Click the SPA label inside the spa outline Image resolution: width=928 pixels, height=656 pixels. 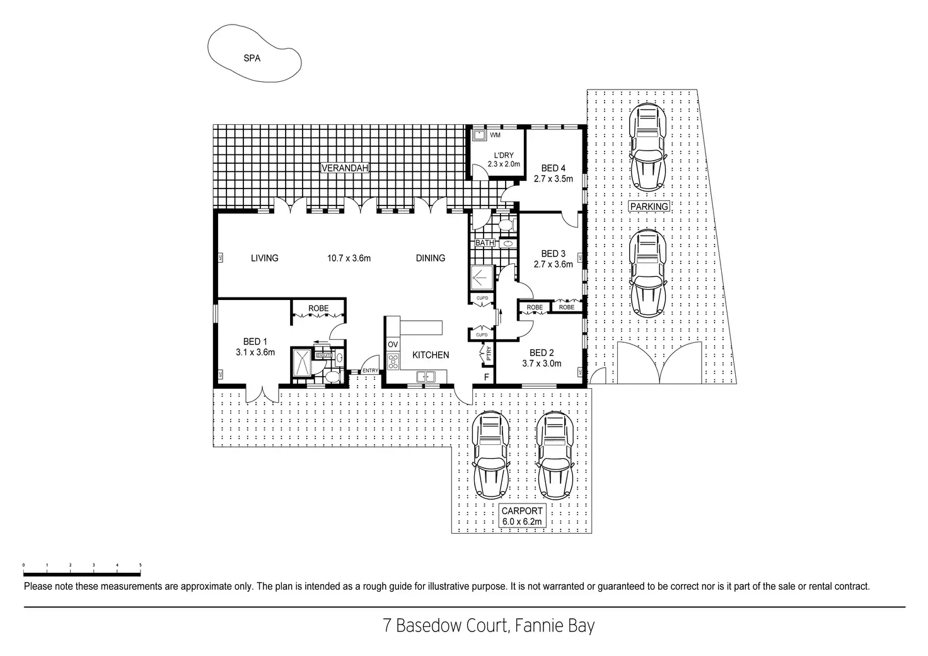tap(252, 59)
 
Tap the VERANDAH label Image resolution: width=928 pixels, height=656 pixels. tap(344, 168)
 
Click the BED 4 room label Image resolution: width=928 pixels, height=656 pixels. tap(553, 168)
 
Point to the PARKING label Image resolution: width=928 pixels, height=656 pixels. tap(649, 206)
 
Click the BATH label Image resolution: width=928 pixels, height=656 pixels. tap(484, 243)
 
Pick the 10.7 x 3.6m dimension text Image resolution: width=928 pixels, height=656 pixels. tap(349, 258)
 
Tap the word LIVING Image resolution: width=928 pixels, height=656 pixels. tap(264, 258)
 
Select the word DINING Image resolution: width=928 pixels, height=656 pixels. tap(431, 258)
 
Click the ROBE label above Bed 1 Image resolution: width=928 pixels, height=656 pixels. tap(318, 308)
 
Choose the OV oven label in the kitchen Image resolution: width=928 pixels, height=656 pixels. tap(393, 344)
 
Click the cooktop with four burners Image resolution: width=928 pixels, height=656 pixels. tap(393, 361)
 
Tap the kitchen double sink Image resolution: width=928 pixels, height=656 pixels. tap(426, 377)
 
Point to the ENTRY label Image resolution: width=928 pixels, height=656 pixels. tap(370, 371)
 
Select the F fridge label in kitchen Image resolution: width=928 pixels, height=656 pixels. tap(486, 377)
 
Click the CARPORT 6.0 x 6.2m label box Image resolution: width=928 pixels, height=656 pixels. tap(522, 516)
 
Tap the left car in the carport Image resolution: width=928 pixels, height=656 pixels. tap(491, 454)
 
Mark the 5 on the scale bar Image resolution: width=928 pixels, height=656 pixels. tap(140, 565)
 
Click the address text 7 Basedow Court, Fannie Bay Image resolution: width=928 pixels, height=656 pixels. tap(489, 626)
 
